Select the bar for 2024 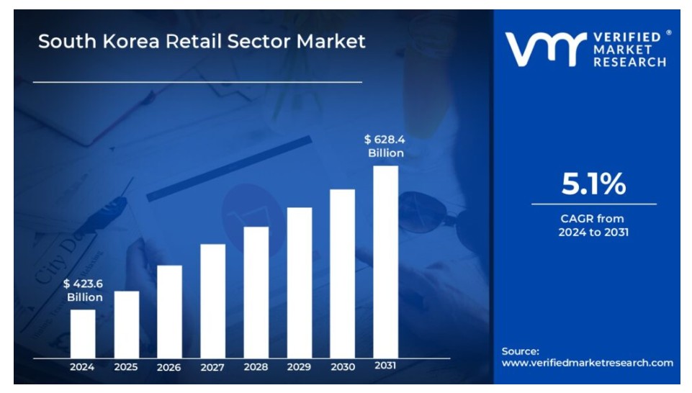pyautogui.click(x=83, y=334)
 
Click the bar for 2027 pyautogui.click(x=212, y=302)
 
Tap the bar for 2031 pyautogui.click(x=386, y=262)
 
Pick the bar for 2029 pyautogui.click(x=300, y=283)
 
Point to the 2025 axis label pyautogui.click(x=126, y=367)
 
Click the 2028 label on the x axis pyautogui.click(x=256, y=367)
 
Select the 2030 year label pyautogui.click(x=343, y=367)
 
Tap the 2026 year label pyautogui.click(x=169, y=367)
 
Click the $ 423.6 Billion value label pyautogui.click(x=83, y=290)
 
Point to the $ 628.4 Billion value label pyautogui.click(x=385, y=146)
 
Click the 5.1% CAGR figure pyautogui.click(x=593, y=184)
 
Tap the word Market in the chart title pyautogui.click(x=331, y=42)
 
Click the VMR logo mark pyautogui.click(x=546, y=50)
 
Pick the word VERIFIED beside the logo pyautogui.click(x=627, y=37)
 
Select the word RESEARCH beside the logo pyautogui.click(x=630, y=62)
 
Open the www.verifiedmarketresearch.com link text pyautogui.click(x=588, y=363)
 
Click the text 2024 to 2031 pyautogui.click(x=593, y=232)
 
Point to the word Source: pyautogui.click(x=521, y=351)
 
